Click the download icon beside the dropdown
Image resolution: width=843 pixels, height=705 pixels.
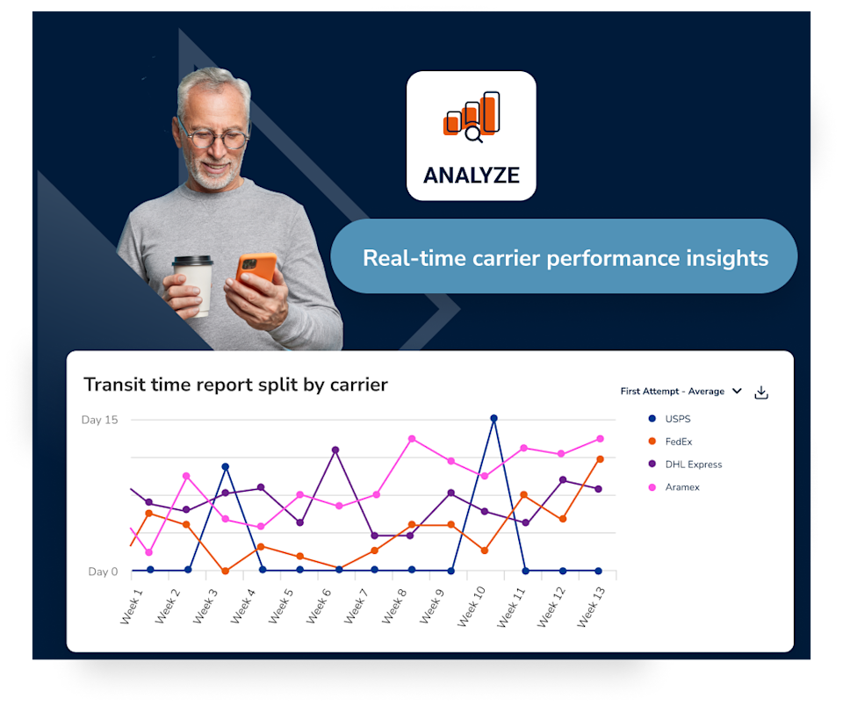tap(760, 392)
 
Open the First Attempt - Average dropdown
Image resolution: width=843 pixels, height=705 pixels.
tap(681, 392)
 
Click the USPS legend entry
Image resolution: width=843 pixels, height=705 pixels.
tap(670, 419)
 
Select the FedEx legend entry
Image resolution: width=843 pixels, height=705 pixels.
tap(670, 441)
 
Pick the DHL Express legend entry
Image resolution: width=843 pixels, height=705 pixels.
tap(686, 464)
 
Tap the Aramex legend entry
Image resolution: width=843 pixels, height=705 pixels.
tap(674, 487)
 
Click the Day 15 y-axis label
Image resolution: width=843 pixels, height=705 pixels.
tap(99, 420)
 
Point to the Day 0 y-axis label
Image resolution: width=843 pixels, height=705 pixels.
tap(103, 572)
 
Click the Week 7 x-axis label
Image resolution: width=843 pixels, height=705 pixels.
tap(356, 606)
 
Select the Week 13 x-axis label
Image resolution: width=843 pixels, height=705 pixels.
tap(591, 608)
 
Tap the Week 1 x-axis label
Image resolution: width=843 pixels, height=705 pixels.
tap(131, 606)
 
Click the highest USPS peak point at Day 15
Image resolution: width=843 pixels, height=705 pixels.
tap(494, 418)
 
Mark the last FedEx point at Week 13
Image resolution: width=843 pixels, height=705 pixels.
tap(600, 459)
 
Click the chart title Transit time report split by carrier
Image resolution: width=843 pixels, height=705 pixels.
tap(235, 385)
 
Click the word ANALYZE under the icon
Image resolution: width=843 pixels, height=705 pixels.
tap(472, 176)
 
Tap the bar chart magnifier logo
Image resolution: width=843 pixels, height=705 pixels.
tap(472, 117)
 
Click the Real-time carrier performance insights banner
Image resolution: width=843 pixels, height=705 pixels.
tap(564, 256)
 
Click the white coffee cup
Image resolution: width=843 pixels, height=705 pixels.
tap(193, 285)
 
